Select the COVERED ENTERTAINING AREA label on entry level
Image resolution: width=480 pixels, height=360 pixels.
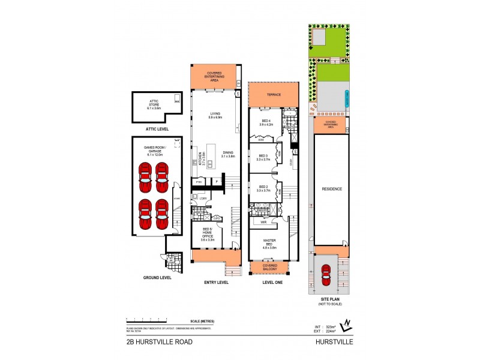[214, 75]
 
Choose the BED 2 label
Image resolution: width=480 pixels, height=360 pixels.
[263, 188]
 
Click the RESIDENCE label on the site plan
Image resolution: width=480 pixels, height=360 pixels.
[332, 189]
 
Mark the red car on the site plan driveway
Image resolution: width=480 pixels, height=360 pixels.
[326, 276]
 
